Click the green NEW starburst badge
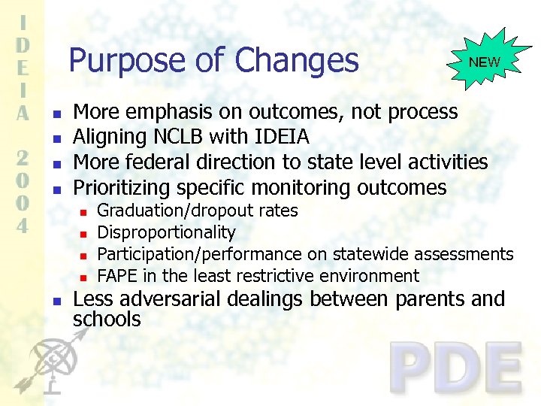485,62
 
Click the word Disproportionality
167,233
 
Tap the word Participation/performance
200,255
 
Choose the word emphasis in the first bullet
174,113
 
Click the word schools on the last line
107,320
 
